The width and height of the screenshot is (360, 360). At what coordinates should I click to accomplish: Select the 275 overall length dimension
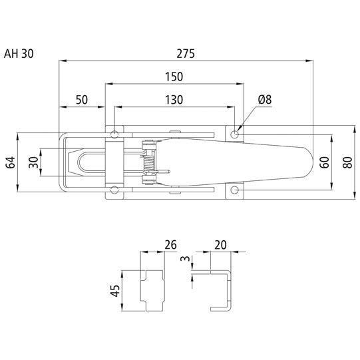[186, 54]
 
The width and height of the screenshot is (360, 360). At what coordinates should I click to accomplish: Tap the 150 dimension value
[175, 78]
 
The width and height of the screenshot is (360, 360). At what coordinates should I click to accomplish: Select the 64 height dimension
[10, 162]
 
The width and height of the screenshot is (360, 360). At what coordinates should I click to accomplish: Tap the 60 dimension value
[324, 162]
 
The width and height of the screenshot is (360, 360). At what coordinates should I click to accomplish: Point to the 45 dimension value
[115, 291]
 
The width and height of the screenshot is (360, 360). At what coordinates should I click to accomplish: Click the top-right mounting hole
[235, 134]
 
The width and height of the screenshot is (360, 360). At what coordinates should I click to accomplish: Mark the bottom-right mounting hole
[235, 191]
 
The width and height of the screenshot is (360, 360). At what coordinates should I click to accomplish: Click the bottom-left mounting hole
[114, 191]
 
